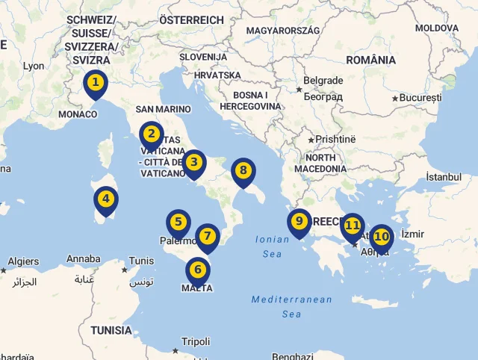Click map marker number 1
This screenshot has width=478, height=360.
click(95, 83)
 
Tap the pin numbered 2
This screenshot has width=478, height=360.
click(151, 134)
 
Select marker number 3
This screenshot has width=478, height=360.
click(193, 162)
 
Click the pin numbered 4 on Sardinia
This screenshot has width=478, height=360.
click(106, 199)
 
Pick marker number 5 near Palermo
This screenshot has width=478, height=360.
click(178, 223)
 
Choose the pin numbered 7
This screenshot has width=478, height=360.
click(208, 237)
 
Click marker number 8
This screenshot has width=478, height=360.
click(243, 171)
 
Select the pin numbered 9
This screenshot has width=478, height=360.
click(299, 222)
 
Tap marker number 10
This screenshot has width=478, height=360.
click(381, 238)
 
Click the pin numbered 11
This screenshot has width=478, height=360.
click(352, 226)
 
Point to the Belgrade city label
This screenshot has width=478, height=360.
click(324, 81)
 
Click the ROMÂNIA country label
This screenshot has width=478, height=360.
click(370, 60)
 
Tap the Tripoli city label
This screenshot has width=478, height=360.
click(196, 341)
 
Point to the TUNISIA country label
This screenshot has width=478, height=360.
click(111, 330)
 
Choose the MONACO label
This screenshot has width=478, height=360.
click(78, 114)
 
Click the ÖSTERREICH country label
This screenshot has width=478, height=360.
click(191, 20)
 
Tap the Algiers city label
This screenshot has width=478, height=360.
click(23, 261)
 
